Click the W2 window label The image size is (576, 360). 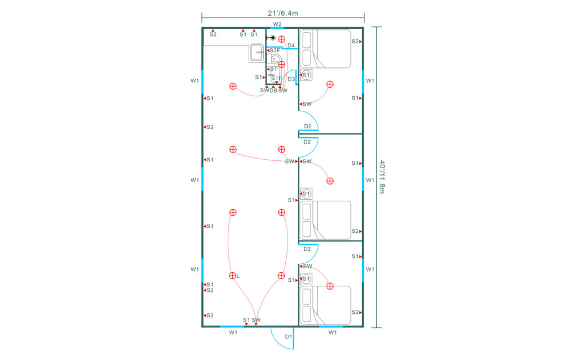click(277, 24)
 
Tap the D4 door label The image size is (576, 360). click(291, 46)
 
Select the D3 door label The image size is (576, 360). click(291, 79)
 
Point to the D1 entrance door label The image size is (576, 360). click(289, 336)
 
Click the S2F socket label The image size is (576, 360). click(274, 50)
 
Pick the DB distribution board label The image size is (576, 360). click(273, 91)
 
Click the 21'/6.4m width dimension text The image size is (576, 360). click(283, 13)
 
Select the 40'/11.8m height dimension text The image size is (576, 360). click(382, 177)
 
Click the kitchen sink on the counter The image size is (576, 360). click(256, 53)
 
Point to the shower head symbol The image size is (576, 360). click(271, 38)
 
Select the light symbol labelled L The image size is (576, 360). click(232, 276)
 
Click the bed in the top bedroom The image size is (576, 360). click(326, 49)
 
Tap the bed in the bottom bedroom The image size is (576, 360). click(326, 305)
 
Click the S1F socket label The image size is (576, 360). click(276, 78)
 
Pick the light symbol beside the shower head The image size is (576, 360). click(282, 39)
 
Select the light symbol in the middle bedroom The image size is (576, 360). click(330, 181)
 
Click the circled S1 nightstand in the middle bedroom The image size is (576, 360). click(306, 193)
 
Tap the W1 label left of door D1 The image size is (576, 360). click(233, 332)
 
